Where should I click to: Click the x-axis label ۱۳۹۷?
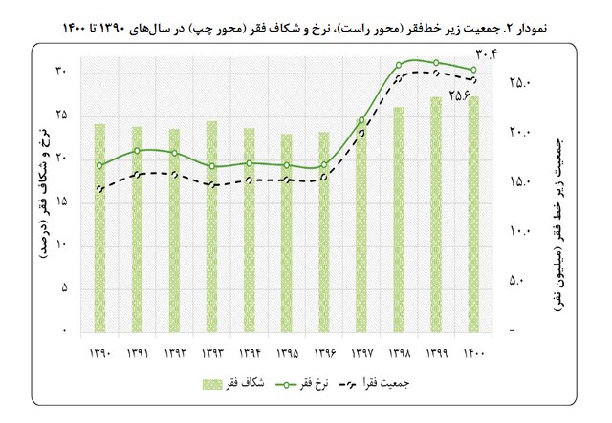(361, 353)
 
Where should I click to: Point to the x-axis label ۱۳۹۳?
(212, 353)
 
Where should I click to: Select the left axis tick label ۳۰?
(61, 72)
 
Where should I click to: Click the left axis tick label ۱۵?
(61, 201)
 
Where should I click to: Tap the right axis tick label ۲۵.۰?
(520, 84)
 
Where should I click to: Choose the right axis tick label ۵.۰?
(520, 281)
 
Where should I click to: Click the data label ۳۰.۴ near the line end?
(491, 65)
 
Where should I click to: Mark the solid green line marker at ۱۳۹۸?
(399, 66)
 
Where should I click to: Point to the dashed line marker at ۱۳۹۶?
(324, 178)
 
